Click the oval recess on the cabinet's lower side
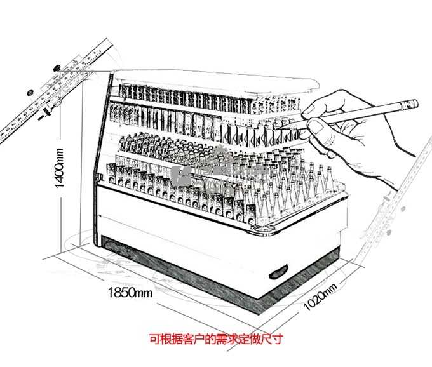click(278, 273)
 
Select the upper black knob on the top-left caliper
click(57, 66)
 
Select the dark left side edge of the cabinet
click(104, 159)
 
